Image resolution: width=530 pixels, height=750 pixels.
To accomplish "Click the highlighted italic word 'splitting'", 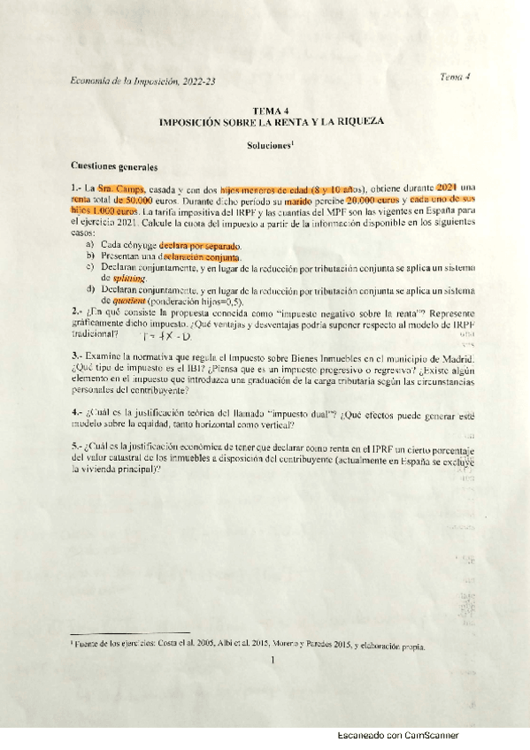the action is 128,278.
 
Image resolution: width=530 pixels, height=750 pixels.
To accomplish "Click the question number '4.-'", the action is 76,412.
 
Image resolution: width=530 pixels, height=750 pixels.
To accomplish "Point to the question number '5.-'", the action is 76,448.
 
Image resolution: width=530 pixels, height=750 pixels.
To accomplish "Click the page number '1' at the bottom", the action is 274,659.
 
